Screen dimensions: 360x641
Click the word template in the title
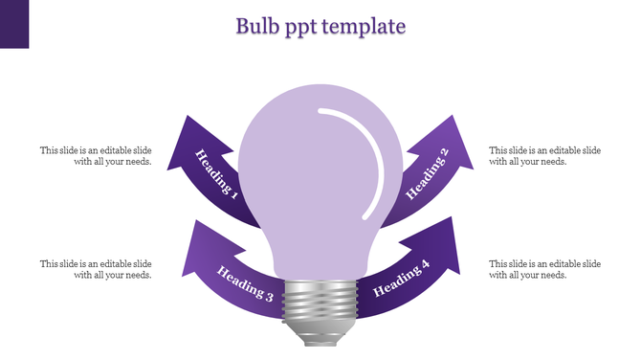pos(364,26)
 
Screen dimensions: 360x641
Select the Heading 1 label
pos(216,173)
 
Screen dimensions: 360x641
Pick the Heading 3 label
pos(245,283)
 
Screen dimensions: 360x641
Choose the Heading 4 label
pos(401,278)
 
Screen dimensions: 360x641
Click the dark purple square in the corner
pos(14,23)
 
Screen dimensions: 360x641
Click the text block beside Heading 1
pos(96,156)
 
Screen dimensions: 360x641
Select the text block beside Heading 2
pos(544,156)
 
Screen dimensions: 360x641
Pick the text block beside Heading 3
pos(96,269)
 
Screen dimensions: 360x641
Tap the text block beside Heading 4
pos(544,269)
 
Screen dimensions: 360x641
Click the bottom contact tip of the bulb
pos(320,341)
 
